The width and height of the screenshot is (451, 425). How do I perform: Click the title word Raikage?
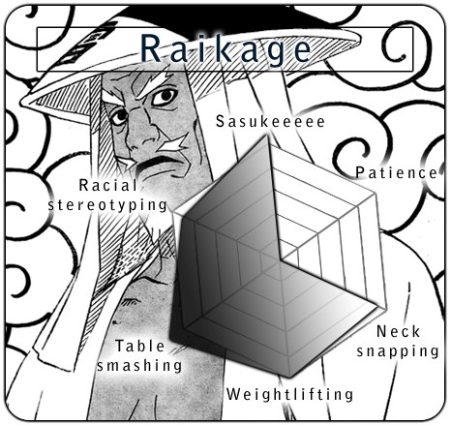point(225,48)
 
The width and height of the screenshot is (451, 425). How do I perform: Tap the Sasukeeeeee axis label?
point(270,122)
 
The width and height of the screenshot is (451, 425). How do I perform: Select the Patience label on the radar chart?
point(396,172)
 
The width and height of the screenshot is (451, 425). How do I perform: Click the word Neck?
point(398,331)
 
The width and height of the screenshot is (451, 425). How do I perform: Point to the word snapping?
point(398,351)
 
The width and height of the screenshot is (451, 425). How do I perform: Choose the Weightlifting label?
point(289,394)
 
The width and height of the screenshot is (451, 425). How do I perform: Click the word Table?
point(140,347)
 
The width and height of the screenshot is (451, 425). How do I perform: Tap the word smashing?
point(139,366)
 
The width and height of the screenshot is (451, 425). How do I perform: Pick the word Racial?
point(108,185)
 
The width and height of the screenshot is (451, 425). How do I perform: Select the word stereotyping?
point(107,205)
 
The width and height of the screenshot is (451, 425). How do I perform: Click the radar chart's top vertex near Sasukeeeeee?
point(268,137)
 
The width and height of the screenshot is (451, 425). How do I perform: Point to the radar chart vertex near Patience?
point(376,195)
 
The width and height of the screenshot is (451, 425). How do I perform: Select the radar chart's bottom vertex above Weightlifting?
point(289,377)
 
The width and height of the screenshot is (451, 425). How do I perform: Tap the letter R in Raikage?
point(151,48)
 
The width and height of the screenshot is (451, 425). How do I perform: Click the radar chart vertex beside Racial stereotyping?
point(174,212)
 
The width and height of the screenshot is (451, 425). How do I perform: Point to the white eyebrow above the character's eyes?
point(152,84)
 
